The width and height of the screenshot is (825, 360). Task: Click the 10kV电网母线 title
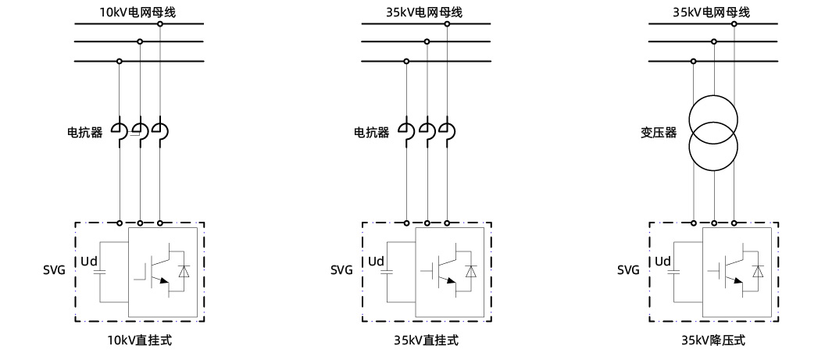pyautogui.click(x=139, y=12)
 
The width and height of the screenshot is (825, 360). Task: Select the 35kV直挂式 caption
pyautogui.click(x=426, y=341)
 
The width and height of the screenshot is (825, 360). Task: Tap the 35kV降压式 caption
pyautogui.click(x=713, y=341)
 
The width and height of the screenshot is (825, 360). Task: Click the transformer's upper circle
pyautogui.click(x=713, y=119)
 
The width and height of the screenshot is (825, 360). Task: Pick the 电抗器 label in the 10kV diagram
pyautogui.click(x=84, y=133)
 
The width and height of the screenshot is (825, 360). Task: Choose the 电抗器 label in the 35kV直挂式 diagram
pyautogui.click(x=372, y=133)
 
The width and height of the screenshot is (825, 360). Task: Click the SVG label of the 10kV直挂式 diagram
pyautogui.click(x=55, y=270)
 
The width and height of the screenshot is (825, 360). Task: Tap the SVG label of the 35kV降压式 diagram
pyautogui.click(x=629, y=270)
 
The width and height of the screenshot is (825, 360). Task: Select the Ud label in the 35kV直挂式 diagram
pyautogui.click(x=377, y=261)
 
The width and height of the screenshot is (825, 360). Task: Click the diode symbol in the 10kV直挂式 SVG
pyautogui.click(x=184, y=271)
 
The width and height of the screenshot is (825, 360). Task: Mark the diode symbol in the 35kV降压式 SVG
pyautogui.click(x=759, y=271)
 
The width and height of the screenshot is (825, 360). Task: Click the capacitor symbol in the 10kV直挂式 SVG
pyautogui.click(x=99, y=272)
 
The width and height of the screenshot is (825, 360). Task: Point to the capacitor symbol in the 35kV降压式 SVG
pyautogui.click(x=673, y=272)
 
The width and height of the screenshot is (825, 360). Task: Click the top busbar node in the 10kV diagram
pyautogui.click(x=160, y=24)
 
